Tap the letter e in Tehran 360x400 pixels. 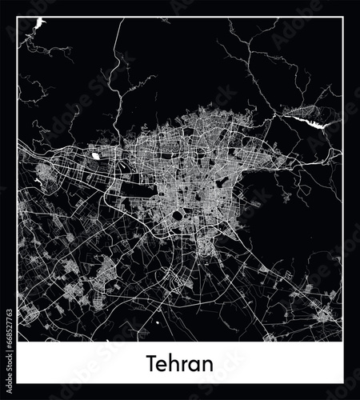(166, 366)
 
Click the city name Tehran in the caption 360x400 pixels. (180, 365)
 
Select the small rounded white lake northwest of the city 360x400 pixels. (97, 156)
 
